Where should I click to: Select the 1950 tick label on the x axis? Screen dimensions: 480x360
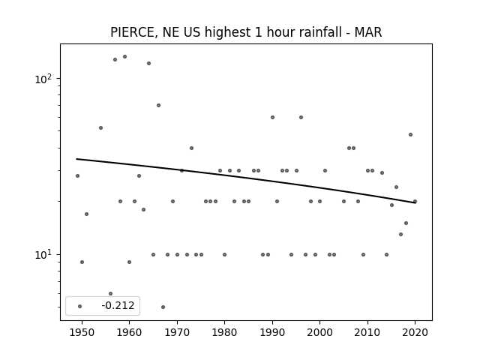coord(82,332)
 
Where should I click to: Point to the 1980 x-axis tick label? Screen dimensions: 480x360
coord(224,332)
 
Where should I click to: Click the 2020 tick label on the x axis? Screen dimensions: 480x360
coord(415,332)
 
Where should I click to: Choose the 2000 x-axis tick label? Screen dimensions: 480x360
coord(320,332)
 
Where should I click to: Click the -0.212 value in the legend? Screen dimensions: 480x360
coord(118,305)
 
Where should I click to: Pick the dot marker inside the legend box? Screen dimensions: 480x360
coord(80,306)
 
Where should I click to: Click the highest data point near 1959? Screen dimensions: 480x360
coord(125,57)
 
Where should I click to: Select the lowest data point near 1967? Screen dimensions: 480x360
coord(163,307)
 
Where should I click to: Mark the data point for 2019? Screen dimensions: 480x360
coord(410,135)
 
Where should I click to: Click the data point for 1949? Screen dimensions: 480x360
coord(77,175)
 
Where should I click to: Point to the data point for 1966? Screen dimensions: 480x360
coord(158,105)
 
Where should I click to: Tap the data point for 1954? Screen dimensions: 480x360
coord(101,128)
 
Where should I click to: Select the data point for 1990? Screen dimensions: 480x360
coord(272,117)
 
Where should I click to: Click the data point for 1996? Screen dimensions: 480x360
coord(301,117)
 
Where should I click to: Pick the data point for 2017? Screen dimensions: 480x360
coord(400,235)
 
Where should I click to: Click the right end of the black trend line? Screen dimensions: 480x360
coord(415,202)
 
